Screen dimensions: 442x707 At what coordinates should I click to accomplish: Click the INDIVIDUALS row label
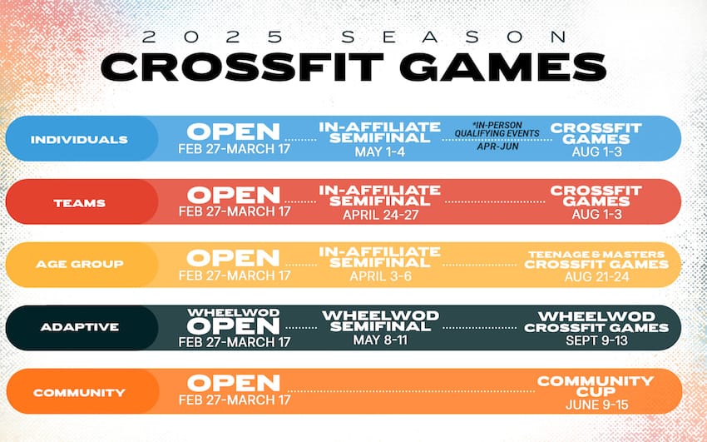(79, 139)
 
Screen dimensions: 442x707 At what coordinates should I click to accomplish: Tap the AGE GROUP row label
(79, 264)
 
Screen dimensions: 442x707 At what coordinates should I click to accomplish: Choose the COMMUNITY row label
(79, 391)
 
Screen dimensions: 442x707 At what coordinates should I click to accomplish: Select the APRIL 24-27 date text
(379, 214)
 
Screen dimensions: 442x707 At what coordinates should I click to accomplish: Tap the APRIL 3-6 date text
(379, 277)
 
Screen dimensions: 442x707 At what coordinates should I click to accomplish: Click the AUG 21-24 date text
(596, 277)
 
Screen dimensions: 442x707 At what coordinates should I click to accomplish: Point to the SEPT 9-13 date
(596, 340)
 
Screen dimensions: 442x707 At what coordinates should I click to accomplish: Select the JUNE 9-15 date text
(596, 404)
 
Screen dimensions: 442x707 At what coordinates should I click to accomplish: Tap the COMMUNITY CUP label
(596, 385)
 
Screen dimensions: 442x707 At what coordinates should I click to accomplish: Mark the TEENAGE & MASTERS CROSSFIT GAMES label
(596, 259)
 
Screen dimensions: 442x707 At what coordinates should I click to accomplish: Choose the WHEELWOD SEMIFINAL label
(379, 321)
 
